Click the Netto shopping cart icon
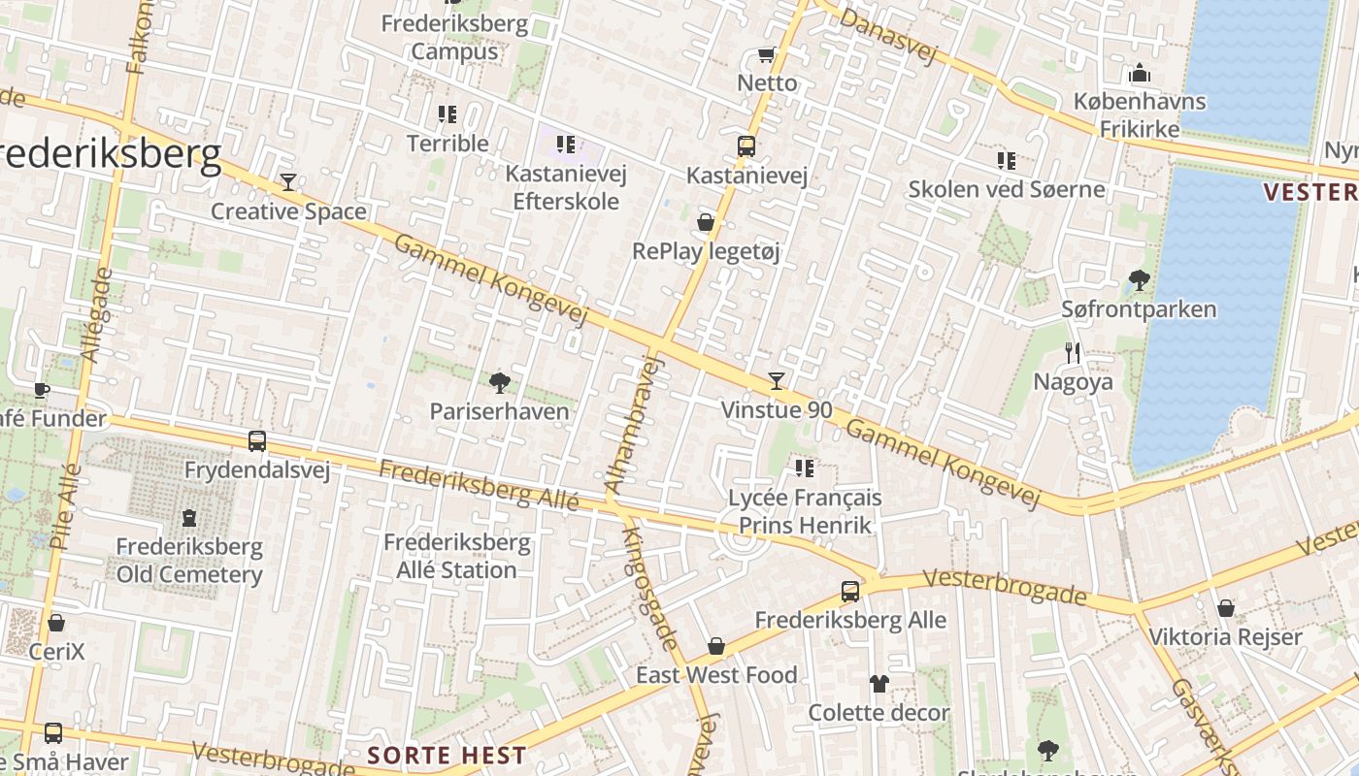click(x=766, y=54)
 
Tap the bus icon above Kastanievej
click(x=746, y=146)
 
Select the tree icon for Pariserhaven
click(x=500, y=382)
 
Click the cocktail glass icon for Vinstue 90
click(x=776, y=380)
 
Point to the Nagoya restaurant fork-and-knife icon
click(x=1073, y=352)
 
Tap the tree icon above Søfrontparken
click(x=1140, y=281)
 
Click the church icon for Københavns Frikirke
click(x=1140, y=73)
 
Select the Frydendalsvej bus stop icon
click(x=257, y=441)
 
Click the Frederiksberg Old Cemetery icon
click(x=189, y=518)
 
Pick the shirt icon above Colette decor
click(x=879, y=684)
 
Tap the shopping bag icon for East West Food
click(x=716, y=646)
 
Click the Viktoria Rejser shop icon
click(x=1226, y=608)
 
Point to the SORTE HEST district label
click(x=447, y=756)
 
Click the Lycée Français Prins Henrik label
click(x=805, y=511)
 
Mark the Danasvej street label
click(x=888, y=36)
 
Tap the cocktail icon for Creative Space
click(x=288, y=181)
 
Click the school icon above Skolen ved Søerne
click(x=1007, y=160)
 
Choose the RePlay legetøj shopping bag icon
click(x=706, y=222)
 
